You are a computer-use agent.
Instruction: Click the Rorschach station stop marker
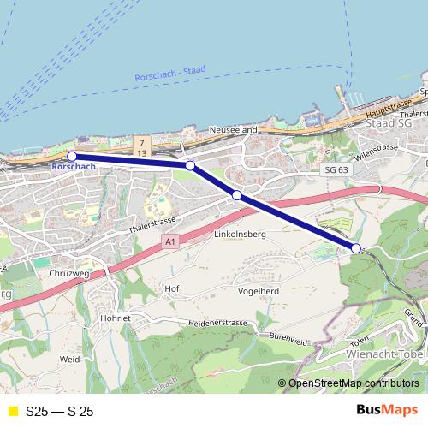(x=72, y=156)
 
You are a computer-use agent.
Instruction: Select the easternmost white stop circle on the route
(x=356, y=248)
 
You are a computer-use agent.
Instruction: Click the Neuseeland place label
(x=235, y=130)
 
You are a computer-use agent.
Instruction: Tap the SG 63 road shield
(x=336, y=169)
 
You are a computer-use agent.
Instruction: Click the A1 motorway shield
(x=170, y=243)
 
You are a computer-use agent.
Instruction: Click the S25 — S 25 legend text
(x=60, y=412)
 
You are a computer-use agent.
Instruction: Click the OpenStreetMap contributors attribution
(x=354, y=383)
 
